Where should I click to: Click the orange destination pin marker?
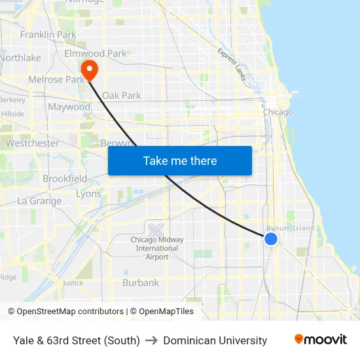pos(88,69)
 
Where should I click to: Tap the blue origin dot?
pos(271,239)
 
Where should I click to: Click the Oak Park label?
pos(121,96)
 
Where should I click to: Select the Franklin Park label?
pos(48,35)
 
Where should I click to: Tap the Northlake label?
pos(20,58)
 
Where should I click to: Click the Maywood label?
pos(69,107)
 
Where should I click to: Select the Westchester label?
pos(32,143)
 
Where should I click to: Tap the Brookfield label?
pos(65,179)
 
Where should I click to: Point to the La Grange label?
pos(39,201)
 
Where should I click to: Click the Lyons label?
pos(88,194)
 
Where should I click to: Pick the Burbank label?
pos(141,283)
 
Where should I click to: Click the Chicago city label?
pos(278,113)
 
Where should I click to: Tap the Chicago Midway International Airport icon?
pos(156,230)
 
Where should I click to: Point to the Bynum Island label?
pos(290,228)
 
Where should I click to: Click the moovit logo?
pos(320,340)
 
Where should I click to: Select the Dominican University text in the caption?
pos(215,340)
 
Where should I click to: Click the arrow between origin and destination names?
pos(151,340)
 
